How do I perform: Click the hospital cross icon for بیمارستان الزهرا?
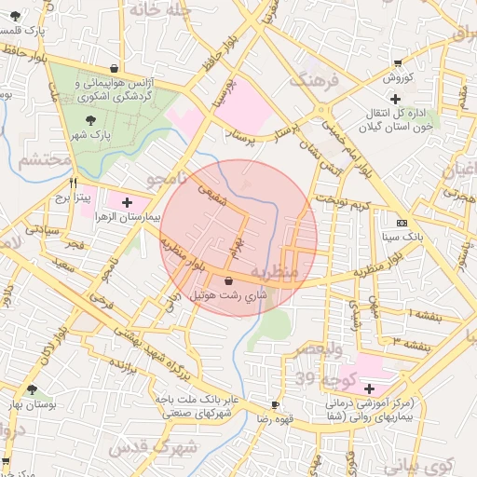point(127,201)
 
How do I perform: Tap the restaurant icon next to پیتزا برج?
point(73,184)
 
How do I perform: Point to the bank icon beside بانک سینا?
point(402,224)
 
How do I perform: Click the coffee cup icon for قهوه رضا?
point(274,404)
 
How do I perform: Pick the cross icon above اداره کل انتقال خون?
point(395,98)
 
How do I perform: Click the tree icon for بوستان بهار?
point(33,390)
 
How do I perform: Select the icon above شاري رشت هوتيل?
point(229,280)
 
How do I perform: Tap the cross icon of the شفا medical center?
point(369,388)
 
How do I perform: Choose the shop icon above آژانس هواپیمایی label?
point(114,68)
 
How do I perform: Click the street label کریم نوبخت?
point(343,202)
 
